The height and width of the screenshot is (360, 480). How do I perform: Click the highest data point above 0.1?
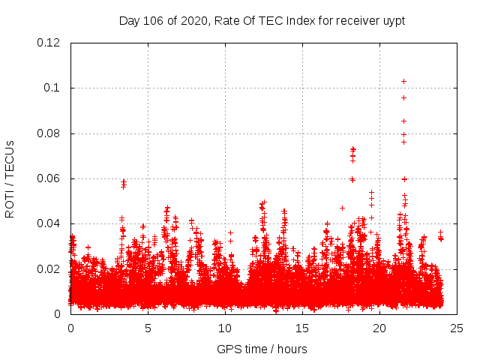403,81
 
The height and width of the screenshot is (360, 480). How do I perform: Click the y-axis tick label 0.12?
49,43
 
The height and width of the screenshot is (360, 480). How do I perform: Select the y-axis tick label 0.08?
49,133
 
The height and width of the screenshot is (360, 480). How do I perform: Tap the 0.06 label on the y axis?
49,178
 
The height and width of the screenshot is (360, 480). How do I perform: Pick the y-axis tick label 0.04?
49,223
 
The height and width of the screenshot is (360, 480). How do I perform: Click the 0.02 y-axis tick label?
49,268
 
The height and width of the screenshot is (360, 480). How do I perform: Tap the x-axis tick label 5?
148,328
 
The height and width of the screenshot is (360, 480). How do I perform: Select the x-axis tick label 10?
225,328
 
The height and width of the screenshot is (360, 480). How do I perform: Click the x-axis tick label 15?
302,328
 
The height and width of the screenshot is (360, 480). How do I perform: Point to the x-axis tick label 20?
379,328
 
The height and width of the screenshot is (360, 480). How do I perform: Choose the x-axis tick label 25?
457,328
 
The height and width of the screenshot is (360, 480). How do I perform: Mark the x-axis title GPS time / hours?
262,349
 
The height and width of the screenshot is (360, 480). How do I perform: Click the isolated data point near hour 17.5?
342,208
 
